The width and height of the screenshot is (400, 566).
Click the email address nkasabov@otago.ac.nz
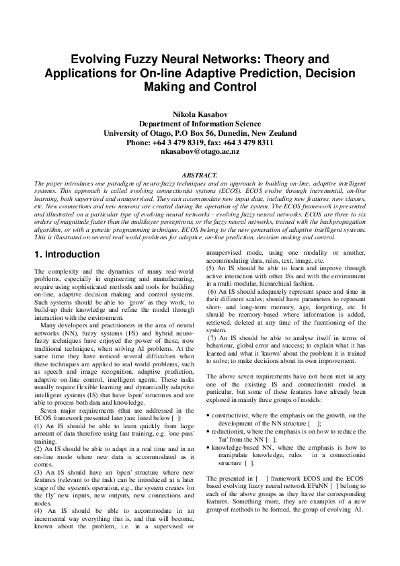(200, 153)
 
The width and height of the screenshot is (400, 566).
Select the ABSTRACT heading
(199, 174)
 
